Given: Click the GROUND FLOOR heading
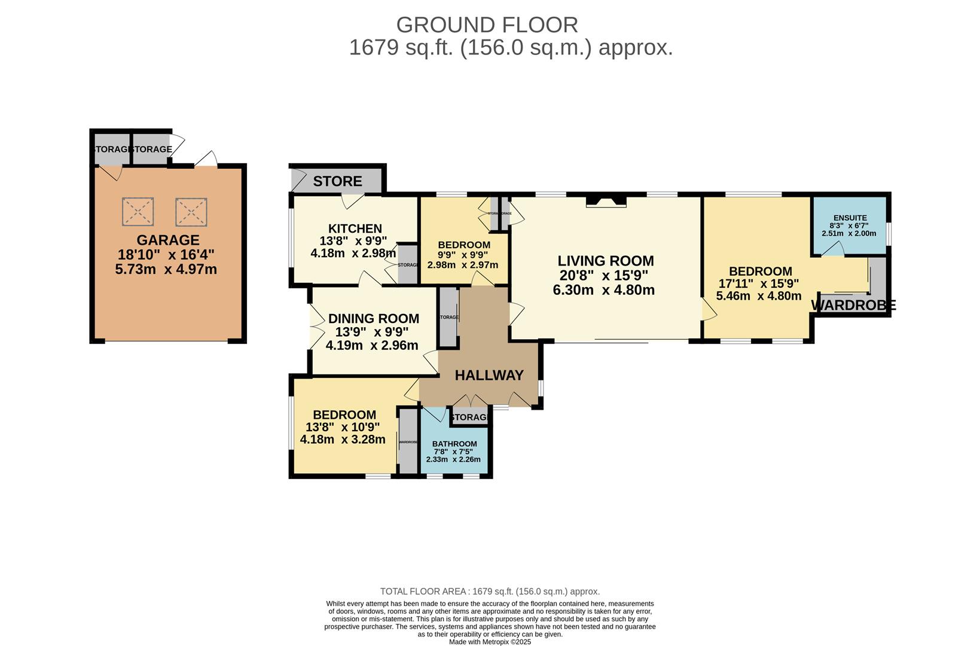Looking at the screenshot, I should (487, 25).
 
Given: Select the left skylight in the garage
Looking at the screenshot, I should (138, 212).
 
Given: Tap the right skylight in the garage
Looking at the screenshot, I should (191, 212).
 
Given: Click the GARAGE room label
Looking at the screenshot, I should (168, 240).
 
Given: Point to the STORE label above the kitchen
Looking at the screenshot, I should (337, 181).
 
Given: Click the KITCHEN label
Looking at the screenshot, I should (355, 228).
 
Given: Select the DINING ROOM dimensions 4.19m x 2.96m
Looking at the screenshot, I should (371, 345).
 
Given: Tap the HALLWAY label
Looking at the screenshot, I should (489, 375).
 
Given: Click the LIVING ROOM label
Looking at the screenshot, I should (605, 261).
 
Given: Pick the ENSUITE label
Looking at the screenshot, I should (850, 218).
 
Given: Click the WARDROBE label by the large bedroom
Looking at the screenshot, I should (853, 305).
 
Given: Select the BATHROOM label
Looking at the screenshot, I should (454, 444).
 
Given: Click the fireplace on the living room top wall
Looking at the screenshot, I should (606, 202).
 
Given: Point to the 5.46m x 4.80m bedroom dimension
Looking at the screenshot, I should (758, 295).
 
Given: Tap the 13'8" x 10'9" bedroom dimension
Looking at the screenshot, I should (342, 427).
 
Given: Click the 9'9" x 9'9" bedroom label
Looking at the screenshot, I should (463, 245).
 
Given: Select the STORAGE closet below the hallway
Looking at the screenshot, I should (470, 417).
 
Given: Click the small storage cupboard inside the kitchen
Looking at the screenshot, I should (408, 264).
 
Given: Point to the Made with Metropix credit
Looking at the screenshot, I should (490, 642).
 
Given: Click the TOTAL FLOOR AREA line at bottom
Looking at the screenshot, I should (490, 591).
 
